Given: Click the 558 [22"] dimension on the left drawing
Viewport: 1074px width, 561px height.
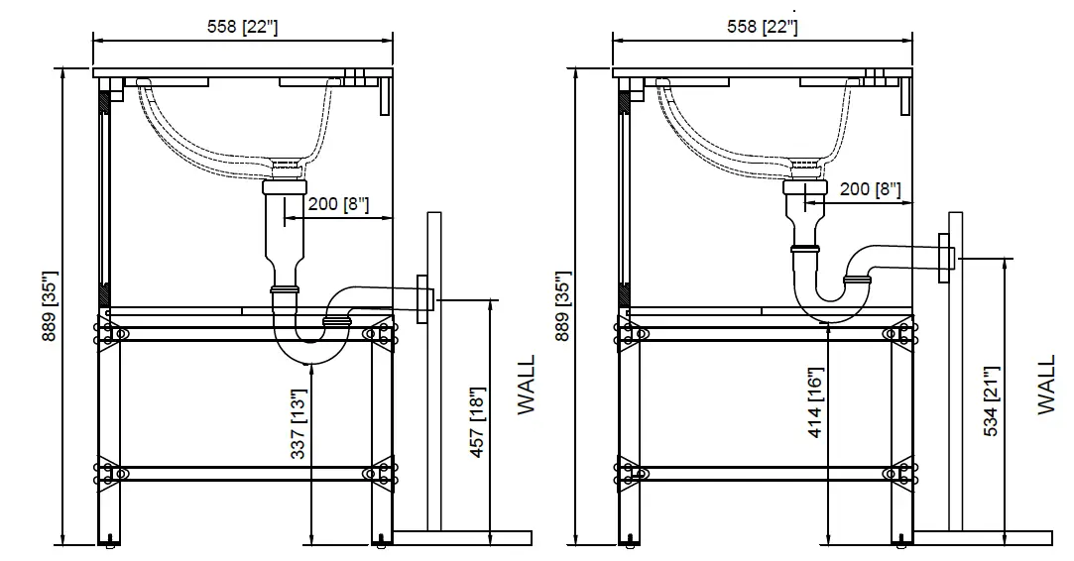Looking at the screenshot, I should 242,27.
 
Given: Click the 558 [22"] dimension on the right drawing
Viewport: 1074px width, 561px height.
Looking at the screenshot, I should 762,27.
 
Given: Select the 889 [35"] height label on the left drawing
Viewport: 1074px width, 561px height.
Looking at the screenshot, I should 50,306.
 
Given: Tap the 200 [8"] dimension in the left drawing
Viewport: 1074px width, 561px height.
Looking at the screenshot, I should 337,205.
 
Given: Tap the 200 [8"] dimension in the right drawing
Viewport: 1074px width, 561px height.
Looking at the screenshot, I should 869,188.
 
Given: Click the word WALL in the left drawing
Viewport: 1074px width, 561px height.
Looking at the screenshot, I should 527,385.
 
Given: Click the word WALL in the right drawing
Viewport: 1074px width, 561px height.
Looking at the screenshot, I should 1046,385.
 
